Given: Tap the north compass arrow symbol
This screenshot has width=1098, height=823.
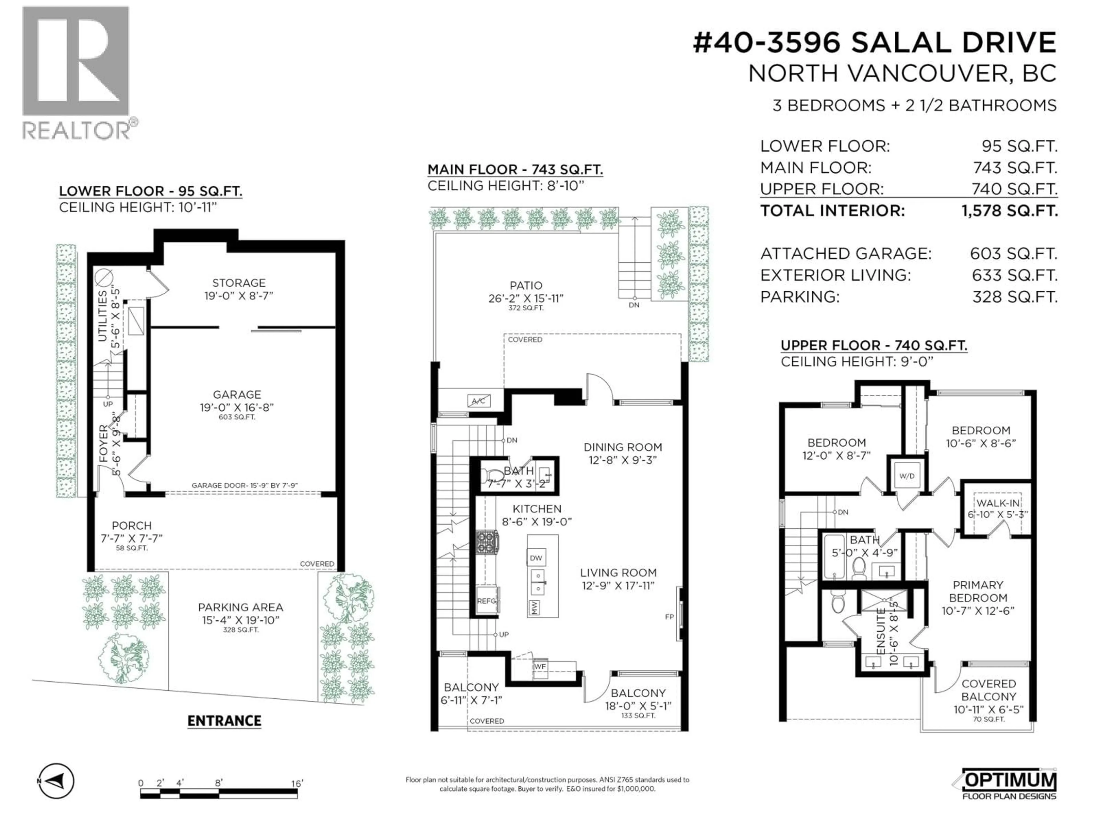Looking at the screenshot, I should [x=56, y=781].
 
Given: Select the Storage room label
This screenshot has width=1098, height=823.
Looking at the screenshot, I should [x=239, y=283].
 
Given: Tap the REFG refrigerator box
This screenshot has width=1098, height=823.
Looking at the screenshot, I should [x=487, y=601].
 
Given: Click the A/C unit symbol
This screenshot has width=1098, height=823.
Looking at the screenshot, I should [x=478, y=401].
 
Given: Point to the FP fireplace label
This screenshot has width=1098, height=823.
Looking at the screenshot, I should [x=669, y=617].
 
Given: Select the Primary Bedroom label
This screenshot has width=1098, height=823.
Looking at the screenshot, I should [x=978, y=591].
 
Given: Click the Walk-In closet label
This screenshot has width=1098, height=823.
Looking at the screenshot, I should [x=998, y=503].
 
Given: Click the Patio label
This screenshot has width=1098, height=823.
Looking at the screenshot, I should [x=526, y=286].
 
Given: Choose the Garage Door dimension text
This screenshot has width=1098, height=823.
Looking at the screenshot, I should [x=245, y=486].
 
